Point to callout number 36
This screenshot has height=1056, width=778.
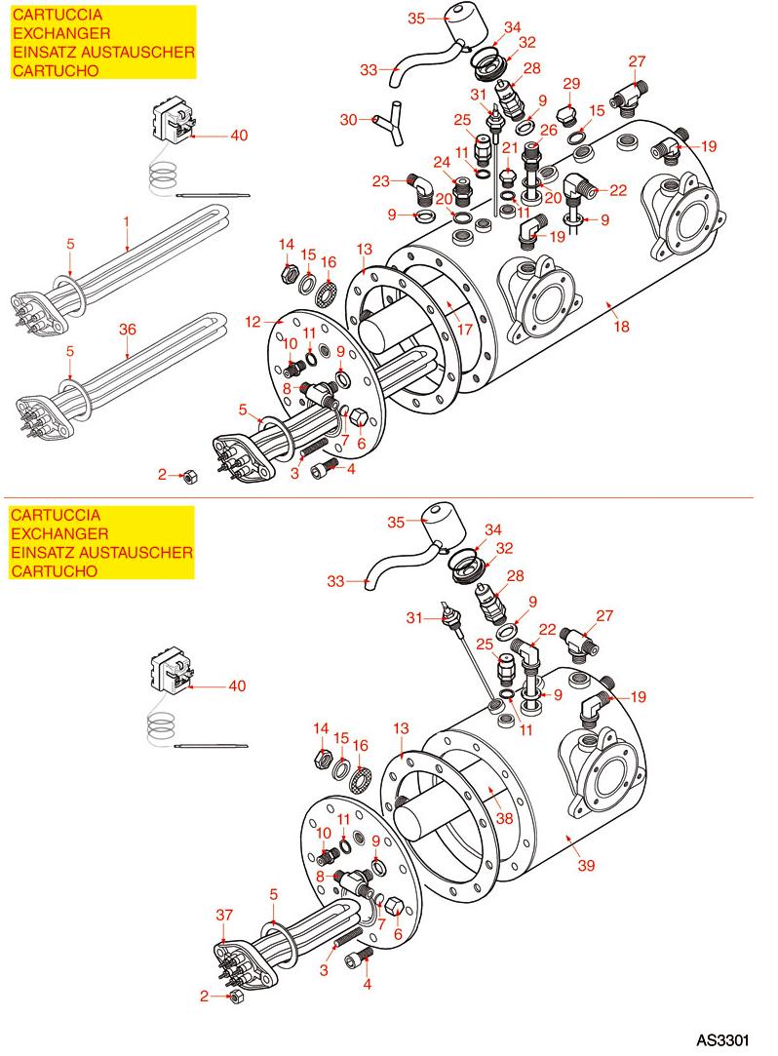128,329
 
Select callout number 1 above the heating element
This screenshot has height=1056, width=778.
127,222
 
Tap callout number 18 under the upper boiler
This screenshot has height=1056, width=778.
622,328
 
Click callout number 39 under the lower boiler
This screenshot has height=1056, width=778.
585,865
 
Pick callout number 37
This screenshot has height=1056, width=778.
225,914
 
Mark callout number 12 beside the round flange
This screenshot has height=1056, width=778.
253,321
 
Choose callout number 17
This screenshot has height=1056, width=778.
464,329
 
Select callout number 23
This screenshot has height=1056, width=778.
380,180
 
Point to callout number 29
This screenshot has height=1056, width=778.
571,83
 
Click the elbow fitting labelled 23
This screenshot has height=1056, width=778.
417,184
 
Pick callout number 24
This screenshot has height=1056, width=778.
442,162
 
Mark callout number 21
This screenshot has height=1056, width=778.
507,146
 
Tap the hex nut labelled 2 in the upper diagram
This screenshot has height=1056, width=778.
191,476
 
